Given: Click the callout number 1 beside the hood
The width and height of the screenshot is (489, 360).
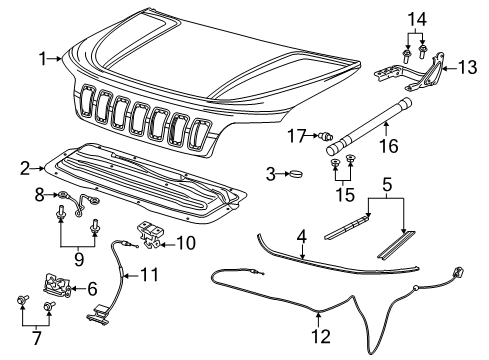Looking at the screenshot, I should [43, 60].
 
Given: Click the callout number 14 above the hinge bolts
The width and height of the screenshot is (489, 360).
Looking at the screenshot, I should [418, 17].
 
